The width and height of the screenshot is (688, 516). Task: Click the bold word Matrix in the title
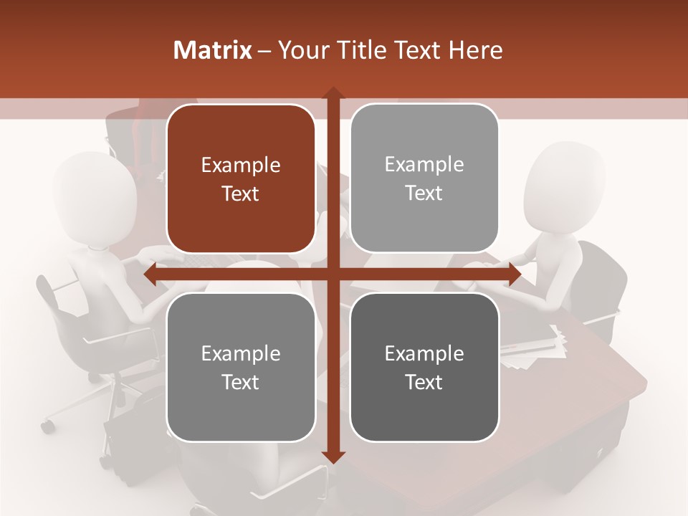click(x=213, y=50)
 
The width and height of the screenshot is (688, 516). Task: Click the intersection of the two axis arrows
click(x=333, y=274)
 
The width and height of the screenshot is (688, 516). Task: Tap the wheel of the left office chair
click(x=47, y=426)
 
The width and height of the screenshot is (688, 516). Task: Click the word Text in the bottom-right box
click(x=424, y=382)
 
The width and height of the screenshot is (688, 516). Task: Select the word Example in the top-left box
click(x=241, y=166)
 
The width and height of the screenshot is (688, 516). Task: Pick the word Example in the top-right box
click(x=424, y=165)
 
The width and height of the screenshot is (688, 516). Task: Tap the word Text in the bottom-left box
click(x=241, y=382)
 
